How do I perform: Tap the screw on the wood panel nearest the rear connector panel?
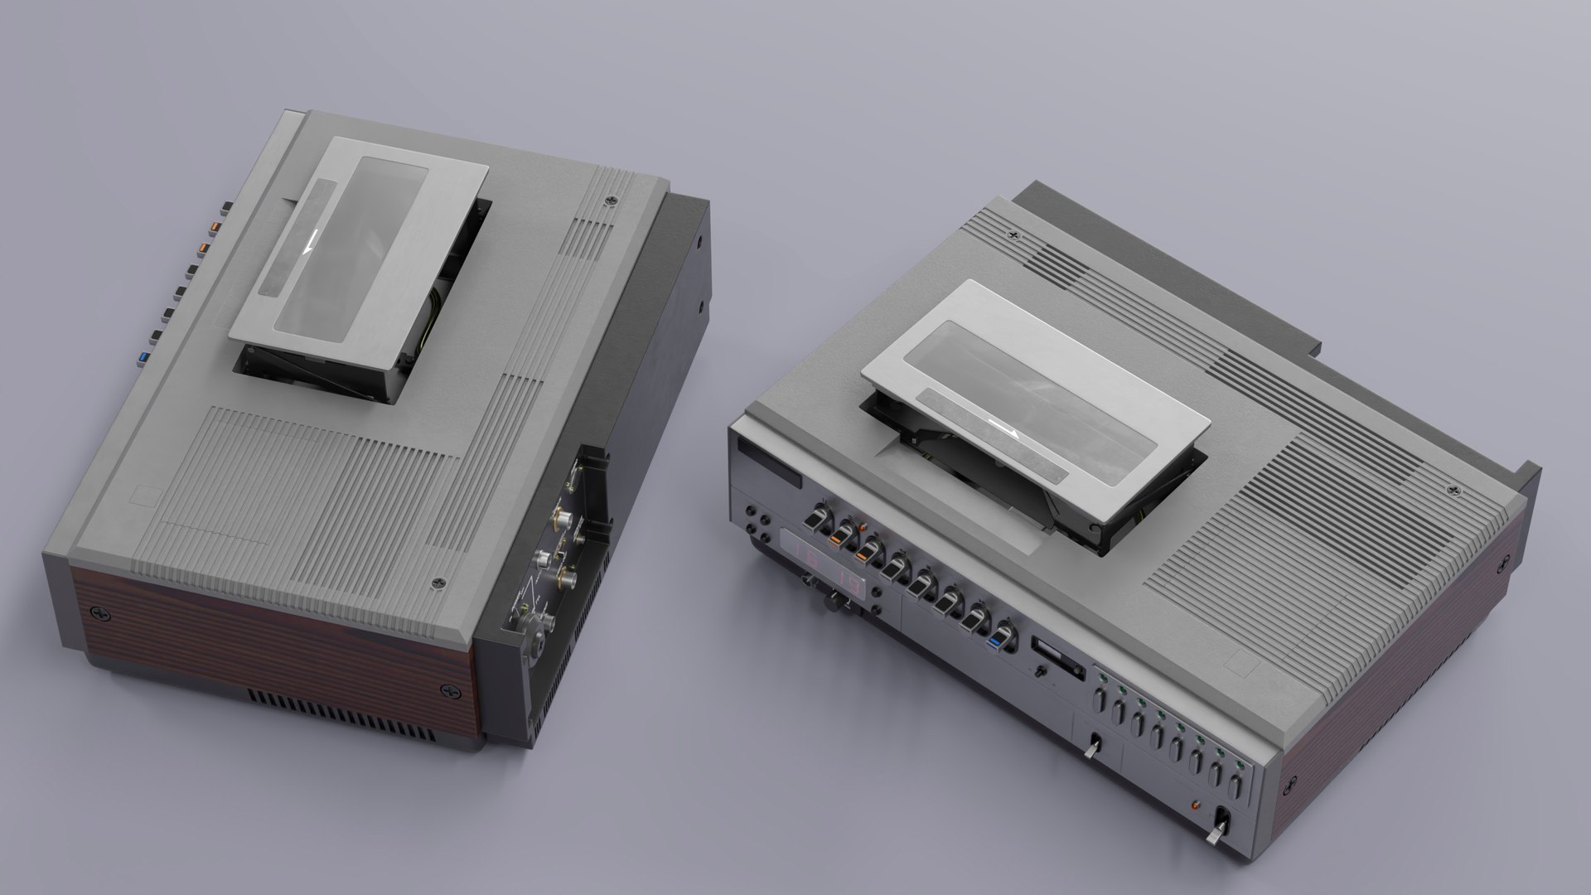pos(450,689)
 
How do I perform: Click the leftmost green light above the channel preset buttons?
pos(1103,680)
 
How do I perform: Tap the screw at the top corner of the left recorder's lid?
pos(612,199)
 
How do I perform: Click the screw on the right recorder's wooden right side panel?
pos(1503,564)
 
